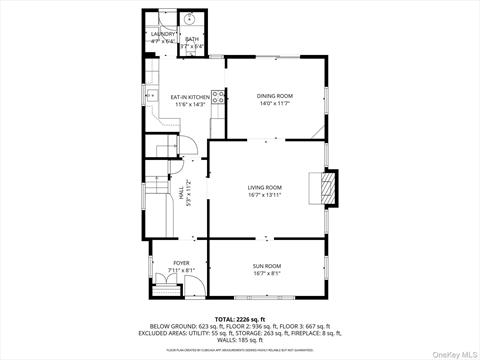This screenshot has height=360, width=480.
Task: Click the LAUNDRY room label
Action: coord(162,33)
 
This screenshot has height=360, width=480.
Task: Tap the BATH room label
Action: coord(192,39)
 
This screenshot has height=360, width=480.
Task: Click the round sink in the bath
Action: coord(190,19)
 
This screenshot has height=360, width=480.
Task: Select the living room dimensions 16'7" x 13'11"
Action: coord(265,195)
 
